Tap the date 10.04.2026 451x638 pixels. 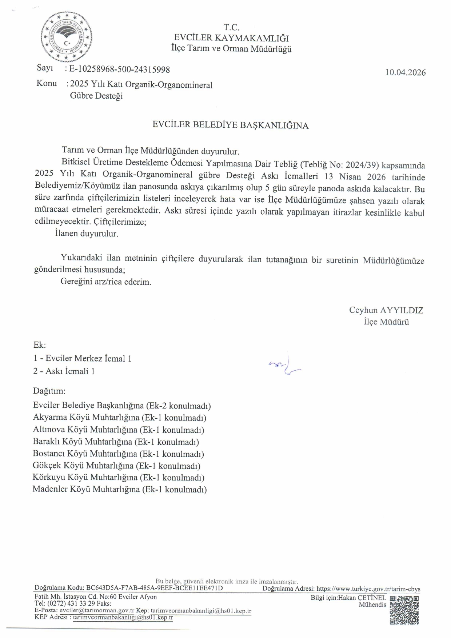405,72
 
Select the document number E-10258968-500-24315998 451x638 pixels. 119,69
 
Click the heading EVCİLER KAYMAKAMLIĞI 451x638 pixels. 231,38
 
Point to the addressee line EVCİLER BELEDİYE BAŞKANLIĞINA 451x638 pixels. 230,125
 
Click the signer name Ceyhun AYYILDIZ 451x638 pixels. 386,310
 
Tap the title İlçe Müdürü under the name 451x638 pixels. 386,322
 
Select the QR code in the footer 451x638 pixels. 404,610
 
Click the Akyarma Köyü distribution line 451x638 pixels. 120,417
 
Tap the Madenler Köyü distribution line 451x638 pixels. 120,489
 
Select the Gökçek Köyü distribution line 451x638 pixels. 116,466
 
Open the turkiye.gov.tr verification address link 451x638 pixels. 368,589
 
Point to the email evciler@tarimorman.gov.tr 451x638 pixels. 97,610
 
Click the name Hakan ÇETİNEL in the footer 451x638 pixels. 362,598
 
